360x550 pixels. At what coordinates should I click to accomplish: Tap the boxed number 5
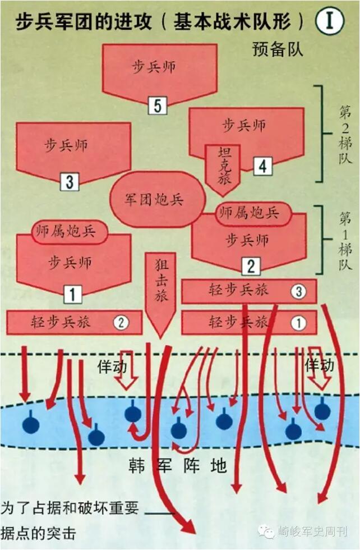157,105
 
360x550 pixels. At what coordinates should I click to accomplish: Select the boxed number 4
262,166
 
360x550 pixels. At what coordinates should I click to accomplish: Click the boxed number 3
69,181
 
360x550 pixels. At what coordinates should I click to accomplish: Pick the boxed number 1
72,293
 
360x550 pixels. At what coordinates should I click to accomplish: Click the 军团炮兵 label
154,200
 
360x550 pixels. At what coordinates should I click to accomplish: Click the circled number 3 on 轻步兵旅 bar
298,291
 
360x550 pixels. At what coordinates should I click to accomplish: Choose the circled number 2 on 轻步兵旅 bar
120,323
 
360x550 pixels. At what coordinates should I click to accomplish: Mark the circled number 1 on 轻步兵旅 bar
298,323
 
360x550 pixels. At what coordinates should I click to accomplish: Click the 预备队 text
278,49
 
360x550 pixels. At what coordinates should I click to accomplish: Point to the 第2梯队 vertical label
344,134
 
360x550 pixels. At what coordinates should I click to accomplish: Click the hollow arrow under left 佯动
127,377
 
